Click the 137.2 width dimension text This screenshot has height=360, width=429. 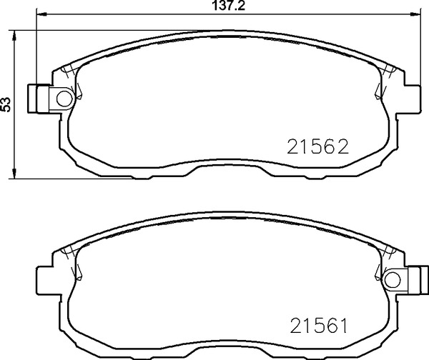pyautogui.click(x=229, y=6)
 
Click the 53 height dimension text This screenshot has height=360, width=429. pyautogui.click(x=6, y=104)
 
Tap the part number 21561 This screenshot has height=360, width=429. pyautogui.click(x=318, y=326)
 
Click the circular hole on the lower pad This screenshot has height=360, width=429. pyautogui.click(x=393, y=280)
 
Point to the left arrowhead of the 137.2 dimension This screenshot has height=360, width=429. pyautogui.click(x=41, y=13)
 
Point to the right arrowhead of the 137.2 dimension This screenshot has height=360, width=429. pyautogui.click(x=415, y=13)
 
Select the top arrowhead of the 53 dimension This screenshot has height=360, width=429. pyautogui.click(x=14, y=35)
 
